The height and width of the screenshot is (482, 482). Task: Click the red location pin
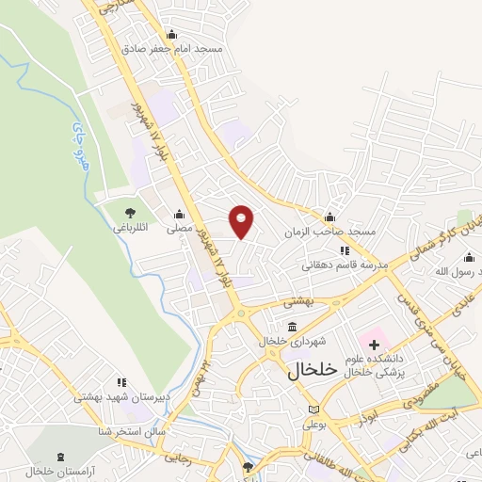click(x=242, y=220)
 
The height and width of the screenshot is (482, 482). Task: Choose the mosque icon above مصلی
click(x=179, y=213)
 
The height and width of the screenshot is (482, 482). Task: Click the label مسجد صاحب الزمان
click(x=331, y=230)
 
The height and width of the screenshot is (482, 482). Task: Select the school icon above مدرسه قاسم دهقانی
click(x=344, y=250)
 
